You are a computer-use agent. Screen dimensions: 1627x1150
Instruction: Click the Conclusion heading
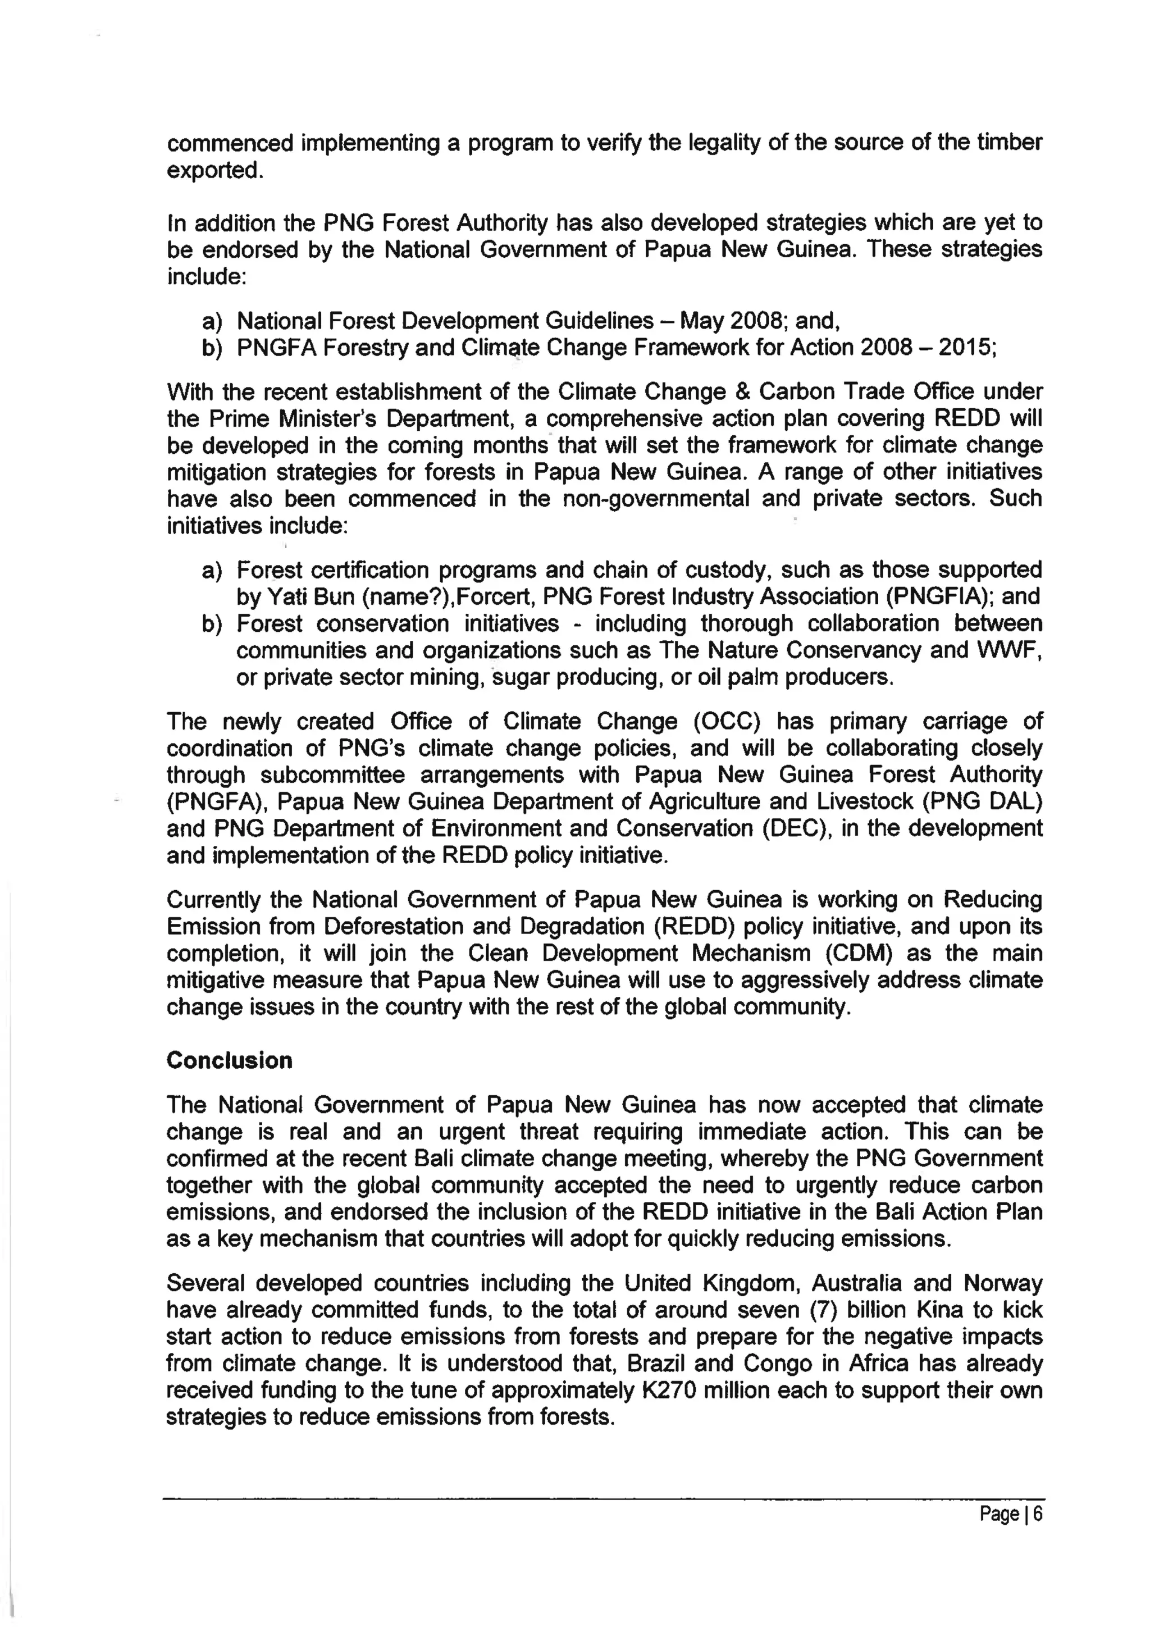[229, 1061]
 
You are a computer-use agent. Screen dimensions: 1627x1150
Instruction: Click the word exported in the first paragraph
[213, 171]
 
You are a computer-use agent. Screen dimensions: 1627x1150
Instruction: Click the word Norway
[1003, 1283]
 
